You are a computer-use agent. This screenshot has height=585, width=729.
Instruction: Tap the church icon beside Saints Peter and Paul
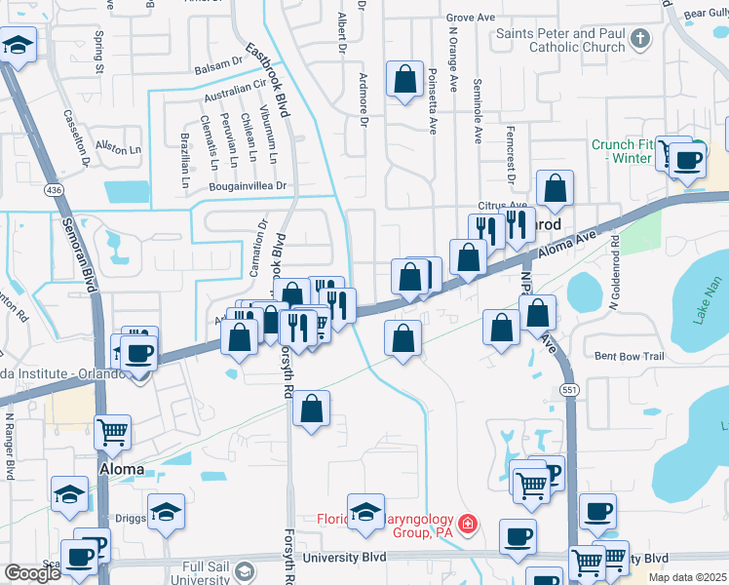coord(639,40)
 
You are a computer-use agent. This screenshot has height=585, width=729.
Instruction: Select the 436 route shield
coord(47,193)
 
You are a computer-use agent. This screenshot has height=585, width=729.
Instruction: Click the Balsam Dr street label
coord(218,62)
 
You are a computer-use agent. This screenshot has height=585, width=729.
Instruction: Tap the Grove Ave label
coord(472,18)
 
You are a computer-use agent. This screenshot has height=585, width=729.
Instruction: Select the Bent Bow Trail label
coord(629,357)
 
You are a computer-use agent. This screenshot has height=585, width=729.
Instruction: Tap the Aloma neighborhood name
coord(122,469)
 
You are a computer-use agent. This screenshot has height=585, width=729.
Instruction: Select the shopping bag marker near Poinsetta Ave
coord(404,80)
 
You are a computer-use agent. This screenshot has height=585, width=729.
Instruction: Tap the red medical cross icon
coord(469,525)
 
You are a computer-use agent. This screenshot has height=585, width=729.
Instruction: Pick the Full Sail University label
coord(211,571)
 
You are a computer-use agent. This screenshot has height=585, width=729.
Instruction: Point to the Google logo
coord(32,573)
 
